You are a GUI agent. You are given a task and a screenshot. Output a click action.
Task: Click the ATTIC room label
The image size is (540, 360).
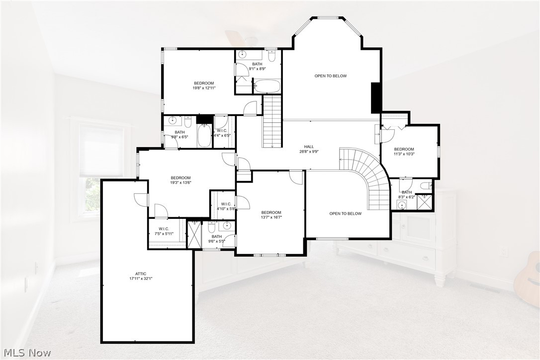(141, 273)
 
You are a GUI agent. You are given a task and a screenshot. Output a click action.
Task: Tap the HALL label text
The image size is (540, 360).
(309, 147)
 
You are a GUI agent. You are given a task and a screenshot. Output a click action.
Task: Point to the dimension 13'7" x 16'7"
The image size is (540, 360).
(271, 217)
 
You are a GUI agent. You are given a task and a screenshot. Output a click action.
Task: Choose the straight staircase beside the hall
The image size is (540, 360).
(272, 122)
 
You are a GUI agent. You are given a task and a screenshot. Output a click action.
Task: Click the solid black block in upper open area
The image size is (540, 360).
(376, 98)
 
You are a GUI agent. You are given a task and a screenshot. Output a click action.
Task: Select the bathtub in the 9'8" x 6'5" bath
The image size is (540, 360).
(205, 136)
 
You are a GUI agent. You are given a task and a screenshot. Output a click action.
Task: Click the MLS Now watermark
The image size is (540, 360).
(26, 353)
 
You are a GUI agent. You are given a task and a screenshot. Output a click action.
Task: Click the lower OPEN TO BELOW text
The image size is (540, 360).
(345, 214)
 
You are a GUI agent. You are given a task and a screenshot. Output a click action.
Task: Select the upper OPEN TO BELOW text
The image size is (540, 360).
(331, 76)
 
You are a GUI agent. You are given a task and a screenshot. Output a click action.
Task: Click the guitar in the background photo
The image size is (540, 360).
(529, 278)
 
